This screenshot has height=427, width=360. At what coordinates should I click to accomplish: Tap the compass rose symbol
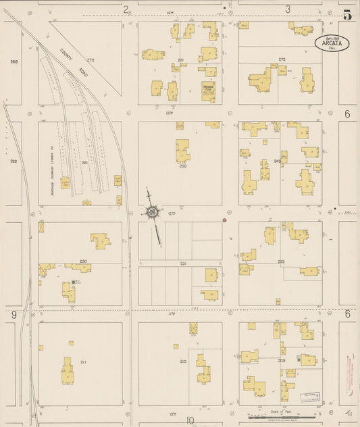[x=153, y=214]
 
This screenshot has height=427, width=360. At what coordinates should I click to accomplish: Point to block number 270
[x=91, y=60]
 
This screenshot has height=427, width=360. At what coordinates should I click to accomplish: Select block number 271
[x=180, y=61]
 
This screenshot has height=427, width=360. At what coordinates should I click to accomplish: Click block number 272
[x=282, y=59]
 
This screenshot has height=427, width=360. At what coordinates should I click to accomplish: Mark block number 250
[x=182, y=166]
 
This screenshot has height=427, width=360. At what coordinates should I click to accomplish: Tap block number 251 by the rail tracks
[x=85, y=163]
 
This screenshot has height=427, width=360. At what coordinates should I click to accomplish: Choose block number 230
[x=83, y=261]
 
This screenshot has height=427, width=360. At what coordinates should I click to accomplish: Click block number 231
[x=182, y=263]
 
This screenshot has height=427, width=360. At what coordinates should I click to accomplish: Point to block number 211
[x=83, y=362]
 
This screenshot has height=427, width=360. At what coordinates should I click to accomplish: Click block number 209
[x=281, y=361]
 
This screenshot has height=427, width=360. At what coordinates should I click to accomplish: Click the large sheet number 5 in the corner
[x=347, y=15]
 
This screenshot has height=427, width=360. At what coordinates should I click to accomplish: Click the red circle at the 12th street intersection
[x=224, y=220]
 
